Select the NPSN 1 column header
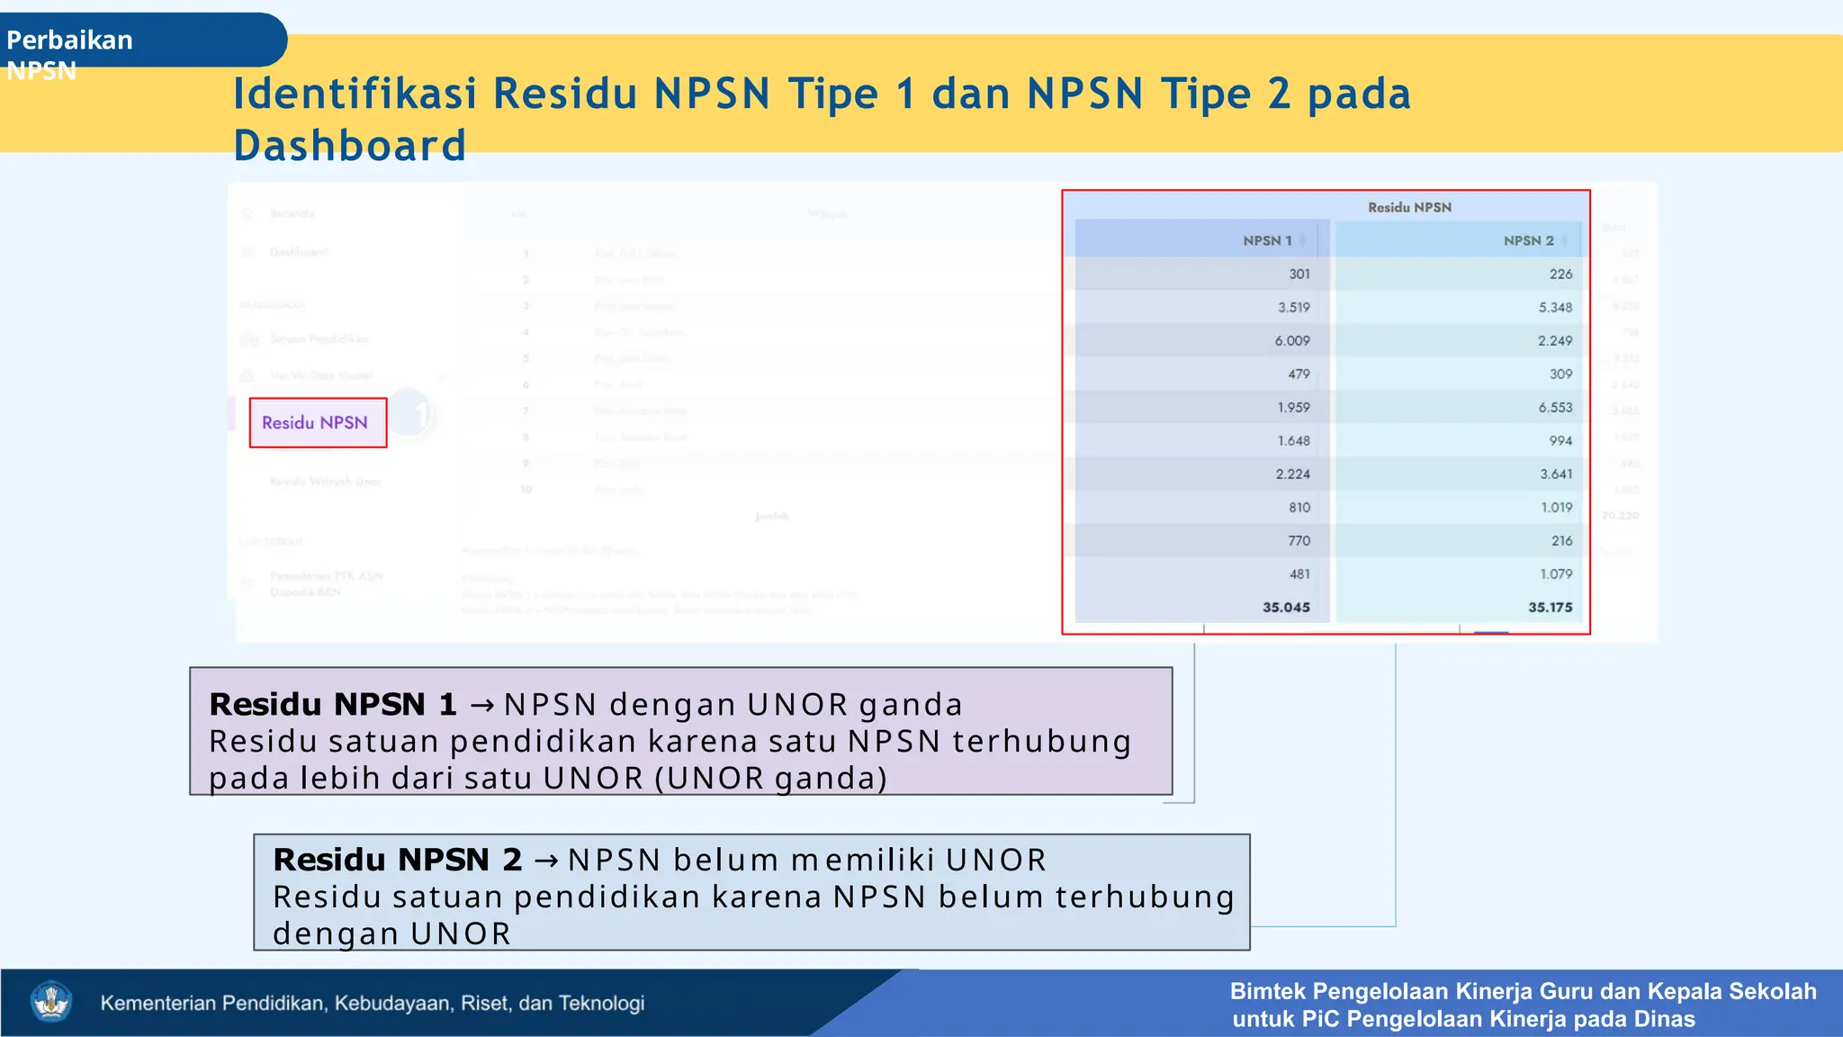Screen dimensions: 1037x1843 point(1267,240)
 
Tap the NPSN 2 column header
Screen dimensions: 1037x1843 point(1528,240)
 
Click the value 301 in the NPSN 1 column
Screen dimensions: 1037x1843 point(1299,274)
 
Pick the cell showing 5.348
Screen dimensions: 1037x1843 point(1555,307)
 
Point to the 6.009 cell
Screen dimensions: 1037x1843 point(1292,340)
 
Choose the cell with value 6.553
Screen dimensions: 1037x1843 point(1555,407)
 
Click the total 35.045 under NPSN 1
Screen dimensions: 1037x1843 point(1286,607)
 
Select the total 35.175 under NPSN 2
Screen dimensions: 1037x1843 point(1550,607)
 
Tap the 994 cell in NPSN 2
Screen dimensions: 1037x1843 point(1560,440)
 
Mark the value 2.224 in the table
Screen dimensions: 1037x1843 point(1292,473)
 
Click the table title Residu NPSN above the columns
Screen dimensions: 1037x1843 point(1409,207)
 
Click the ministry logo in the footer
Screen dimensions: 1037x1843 point(51,1002)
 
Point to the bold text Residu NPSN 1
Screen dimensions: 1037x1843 point(333,704)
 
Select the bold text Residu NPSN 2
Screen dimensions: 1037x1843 point(397,860)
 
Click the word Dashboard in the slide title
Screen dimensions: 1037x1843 point(349,146)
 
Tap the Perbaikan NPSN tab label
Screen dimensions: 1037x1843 point(69,54)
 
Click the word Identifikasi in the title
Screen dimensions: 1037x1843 point(355,94)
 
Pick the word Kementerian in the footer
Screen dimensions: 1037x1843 point(158,1003)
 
